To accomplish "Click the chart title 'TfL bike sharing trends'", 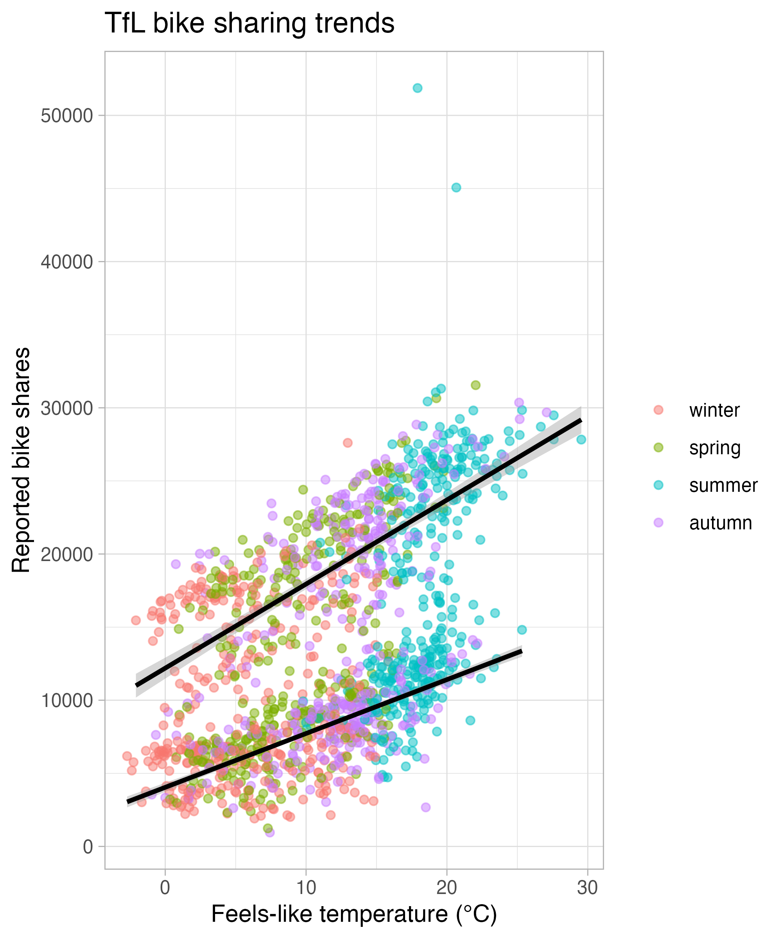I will click(249, 23).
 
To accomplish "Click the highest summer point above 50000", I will click(417, 88).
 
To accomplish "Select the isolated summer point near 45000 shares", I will click(456, 187).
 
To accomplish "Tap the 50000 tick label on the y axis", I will click(66, 116).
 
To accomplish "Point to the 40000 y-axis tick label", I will click(66, 262).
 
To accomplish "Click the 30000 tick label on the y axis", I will click(66, 408).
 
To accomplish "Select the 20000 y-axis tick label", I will click(66, 554).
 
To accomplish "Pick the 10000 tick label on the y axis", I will click(66, 700).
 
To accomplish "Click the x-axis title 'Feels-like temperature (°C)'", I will click(354, 914).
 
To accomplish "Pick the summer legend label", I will click(723, 485).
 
